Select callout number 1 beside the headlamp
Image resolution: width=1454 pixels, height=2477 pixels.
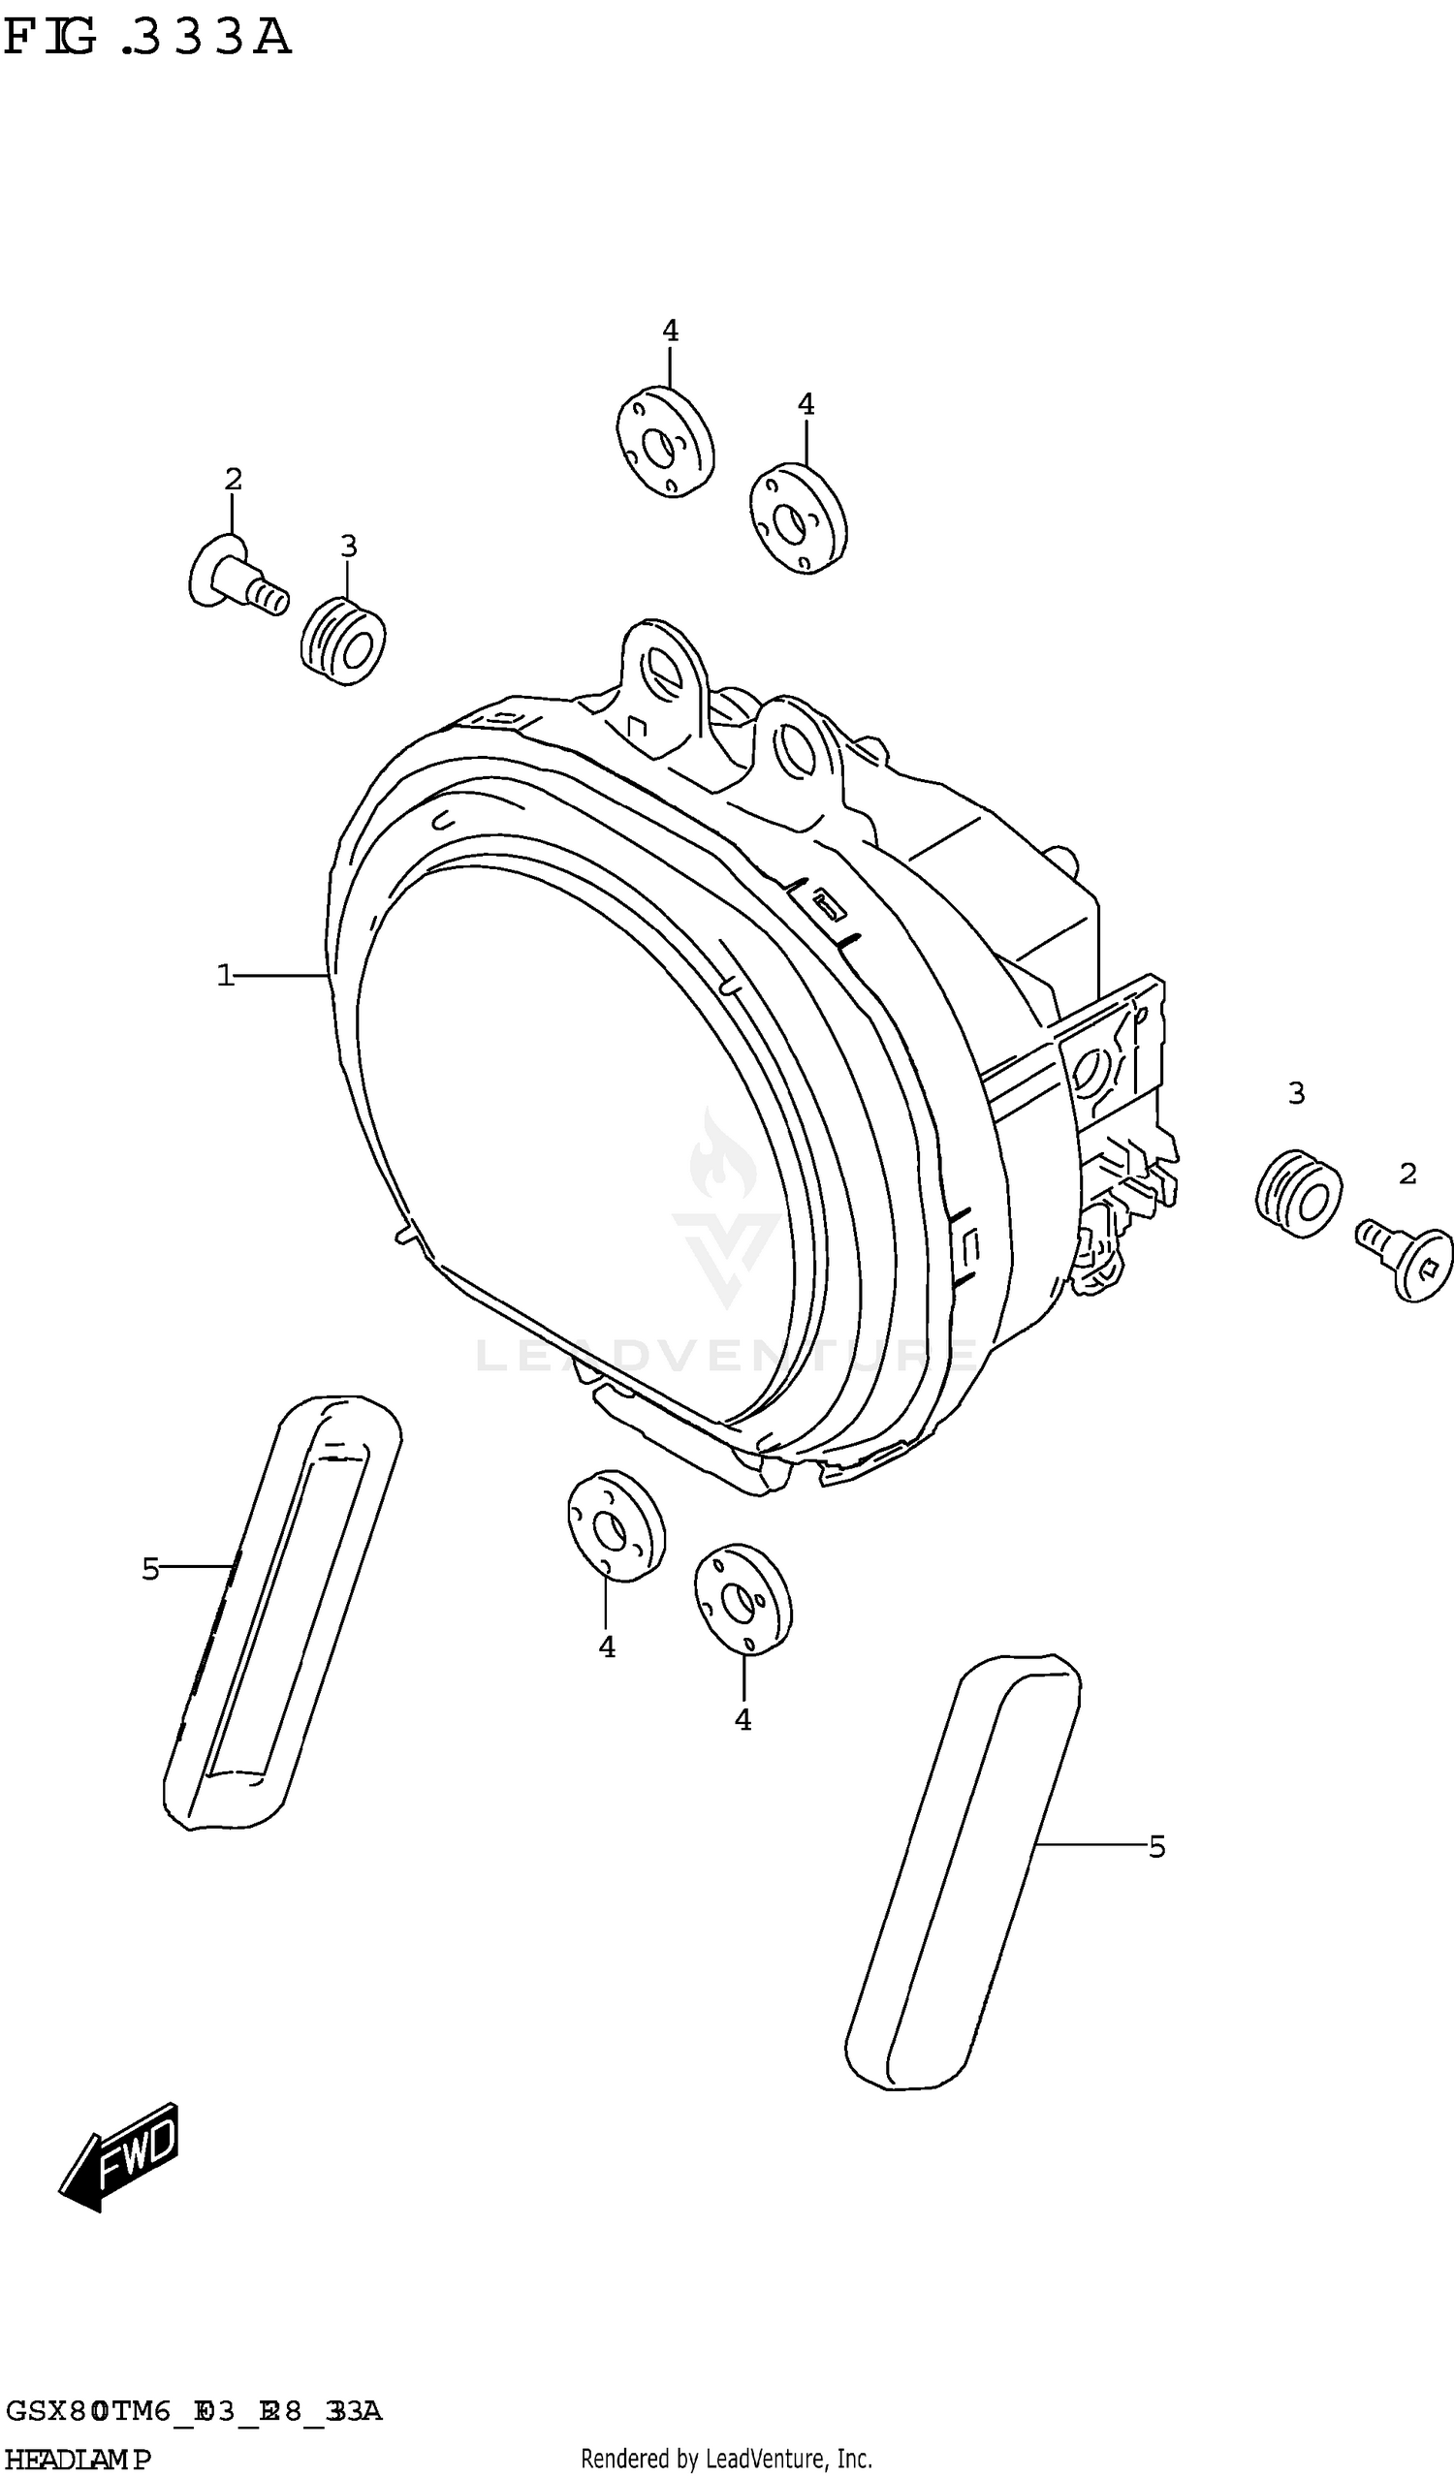point(225,975)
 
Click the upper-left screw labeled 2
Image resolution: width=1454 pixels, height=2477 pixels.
point(236,577)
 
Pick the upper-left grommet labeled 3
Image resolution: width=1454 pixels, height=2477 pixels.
point(342,640)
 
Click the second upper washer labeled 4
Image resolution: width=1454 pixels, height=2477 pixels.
point(798,517)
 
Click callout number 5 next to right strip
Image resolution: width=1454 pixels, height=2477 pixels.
point(1156,1848)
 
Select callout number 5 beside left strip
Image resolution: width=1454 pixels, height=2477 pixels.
point(150,1570)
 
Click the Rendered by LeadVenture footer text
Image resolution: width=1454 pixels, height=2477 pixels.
point(726,2460)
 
